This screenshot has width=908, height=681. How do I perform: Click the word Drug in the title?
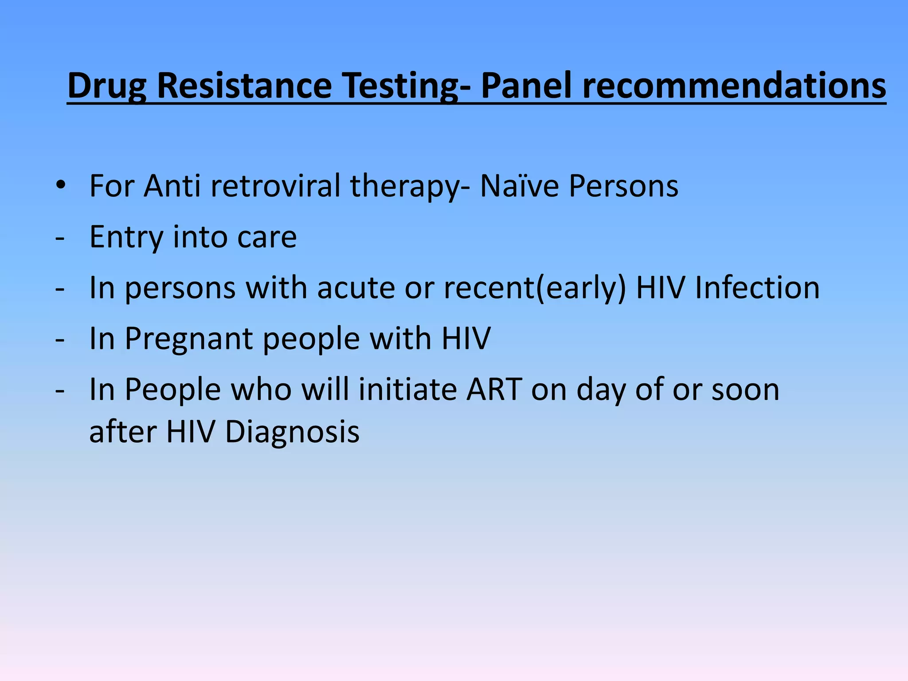pyautogui.click(x=106, y=86)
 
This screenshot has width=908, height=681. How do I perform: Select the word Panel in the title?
pyautogui.click(x=526, y=86)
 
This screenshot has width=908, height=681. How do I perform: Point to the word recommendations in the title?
pyautogui.click(x=734, y=86)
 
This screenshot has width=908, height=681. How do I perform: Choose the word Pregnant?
pyautogui.click(x=189, y=339)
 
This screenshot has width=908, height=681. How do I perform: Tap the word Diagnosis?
pyautogui.click(x=292, y=431)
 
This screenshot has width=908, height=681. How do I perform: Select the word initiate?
pyautogui.click(x=407, y=390)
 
